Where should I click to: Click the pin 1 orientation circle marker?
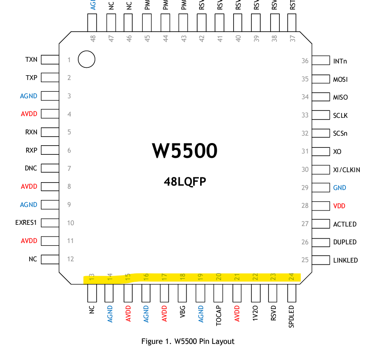click(87, 60)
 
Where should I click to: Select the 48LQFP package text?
click(184, 181)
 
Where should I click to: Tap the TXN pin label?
click(31, 60)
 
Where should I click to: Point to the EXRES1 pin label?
click(26, 223)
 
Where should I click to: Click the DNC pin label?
click(31, 168)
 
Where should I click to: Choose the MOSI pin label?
click(340, 79)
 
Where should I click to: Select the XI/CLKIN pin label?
click(346, 170)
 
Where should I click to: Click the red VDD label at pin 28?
click(339, 206)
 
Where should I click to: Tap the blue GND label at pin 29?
click(339, 188)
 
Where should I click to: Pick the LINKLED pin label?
click(345, 260)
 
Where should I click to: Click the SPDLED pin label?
click(292, 317)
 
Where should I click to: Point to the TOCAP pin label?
click(219, 317)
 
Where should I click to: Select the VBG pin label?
click(182, 313)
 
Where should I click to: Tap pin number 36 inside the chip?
click(305, 61)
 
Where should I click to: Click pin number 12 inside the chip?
click(70, 259)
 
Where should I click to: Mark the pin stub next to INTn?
click(322, 60)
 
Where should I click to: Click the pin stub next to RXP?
click(50, 150)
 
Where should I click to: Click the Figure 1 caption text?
click(188, 341)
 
